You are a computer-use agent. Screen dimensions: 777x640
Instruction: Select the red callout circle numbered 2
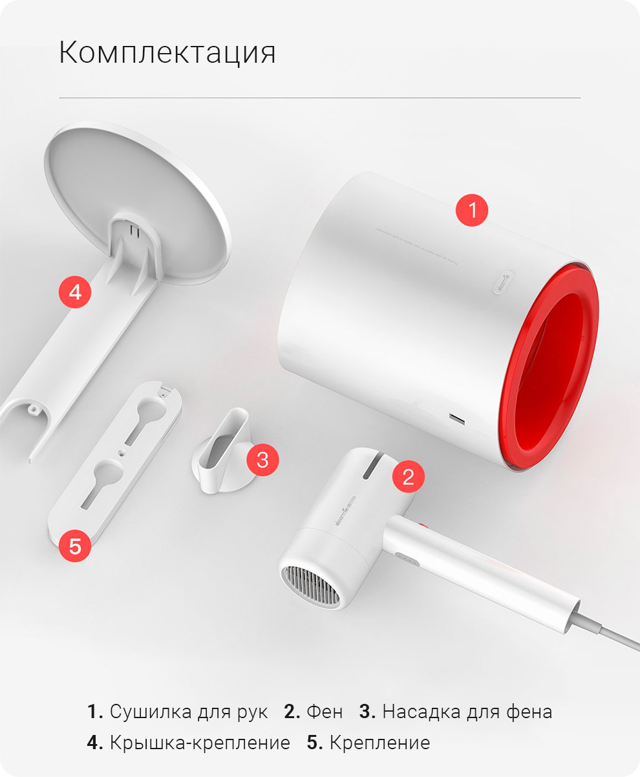407,477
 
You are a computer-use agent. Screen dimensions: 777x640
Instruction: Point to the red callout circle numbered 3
262,460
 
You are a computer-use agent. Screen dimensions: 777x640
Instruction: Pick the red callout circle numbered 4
75,292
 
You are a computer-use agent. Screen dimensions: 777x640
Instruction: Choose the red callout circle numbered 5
75,546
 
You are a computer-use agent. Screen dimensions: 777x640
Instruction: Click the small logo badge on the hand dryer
503,282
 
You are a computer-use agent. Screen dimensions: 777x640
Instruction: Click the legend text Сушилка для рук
188,712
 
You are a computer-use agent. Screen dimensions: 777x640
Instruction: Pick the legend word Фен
325,712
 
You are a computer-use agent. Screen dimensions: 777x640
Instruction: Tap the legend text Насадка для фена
467,712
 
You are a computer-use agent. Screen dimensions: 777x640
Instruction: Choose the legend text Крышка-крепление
200,743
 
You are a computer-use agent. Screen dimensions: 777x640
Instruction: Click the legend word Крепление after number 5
379,743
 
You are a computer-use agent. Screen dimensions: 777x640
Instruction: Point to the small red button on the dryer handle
423,526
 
